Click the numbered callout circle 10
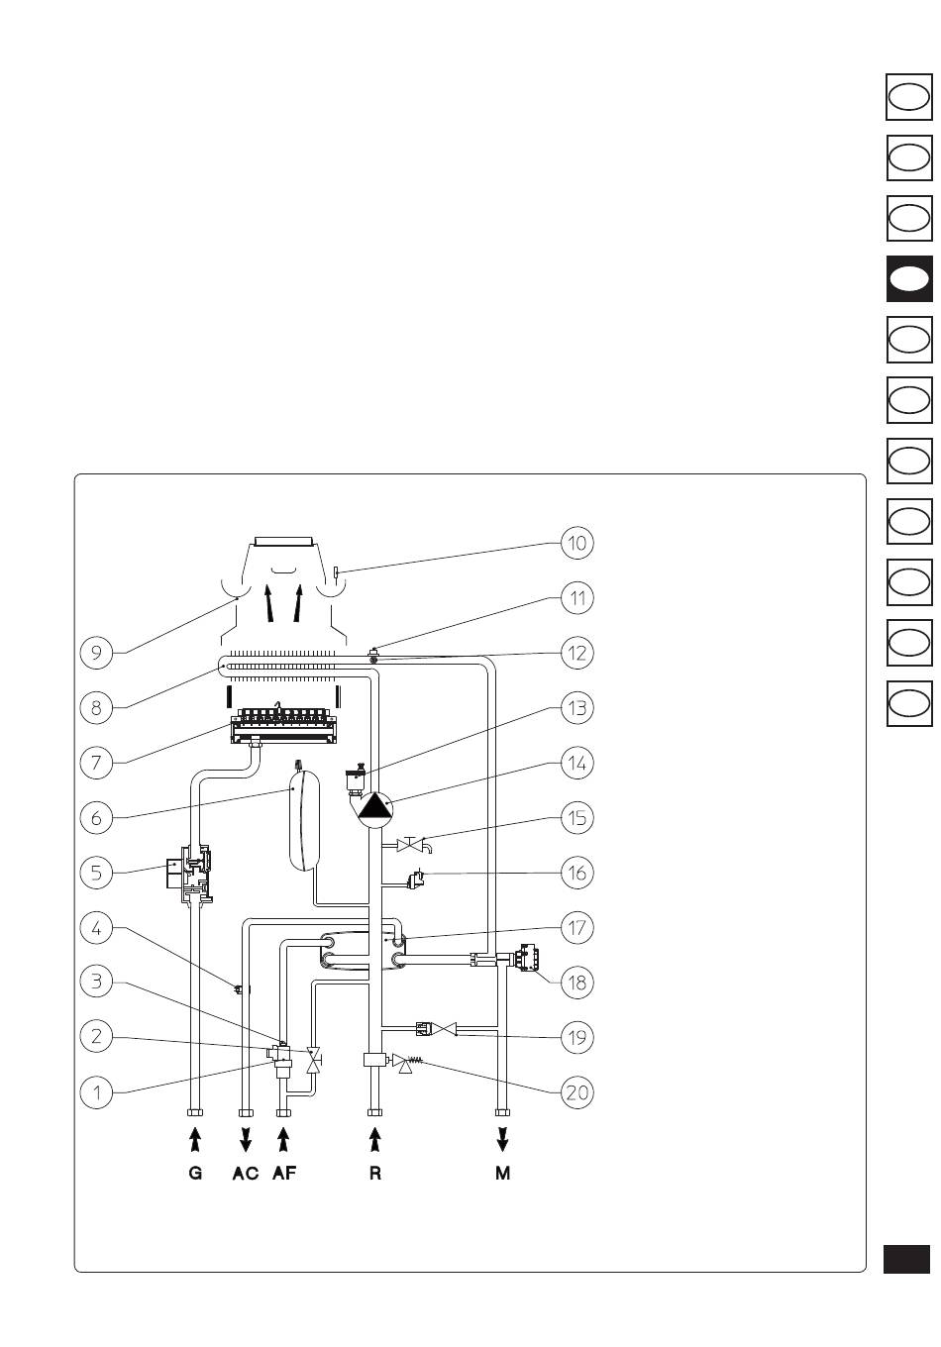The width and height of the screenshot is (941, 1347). [x=576, y=543]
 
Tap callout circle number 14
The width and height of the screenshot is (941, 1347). [x=576, y=764]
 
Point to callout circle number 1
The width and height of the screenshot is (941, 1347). [x=96, y=1092]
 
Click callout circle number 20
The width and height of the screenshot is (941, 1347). [x=576, y=1092]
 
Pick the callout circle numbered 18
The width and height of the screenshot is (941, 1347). [x=576, y=983]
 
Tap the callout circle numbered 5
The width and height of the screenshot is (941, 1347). [x=96, y=873]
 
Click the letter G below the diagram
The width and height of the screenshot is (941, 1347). [x=195, y=1174]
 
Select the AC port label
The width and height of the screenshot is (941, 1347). [x=245, y=1174]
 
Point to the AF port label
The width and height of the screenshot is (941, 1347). [x=284, y=1174]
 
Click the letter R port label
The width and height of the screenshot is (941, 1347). [x=374, y=1174]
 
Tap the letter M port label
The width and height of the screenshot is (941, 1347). [x=503, y=1174]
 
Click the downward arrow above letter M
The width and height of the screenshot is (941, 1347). [x=503, y=1137]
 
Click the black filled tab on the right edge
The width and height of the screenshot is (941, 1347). [x=909, y=278]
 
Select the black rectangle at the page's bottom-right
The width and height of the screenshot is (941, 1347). [x=907, y=1259]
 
